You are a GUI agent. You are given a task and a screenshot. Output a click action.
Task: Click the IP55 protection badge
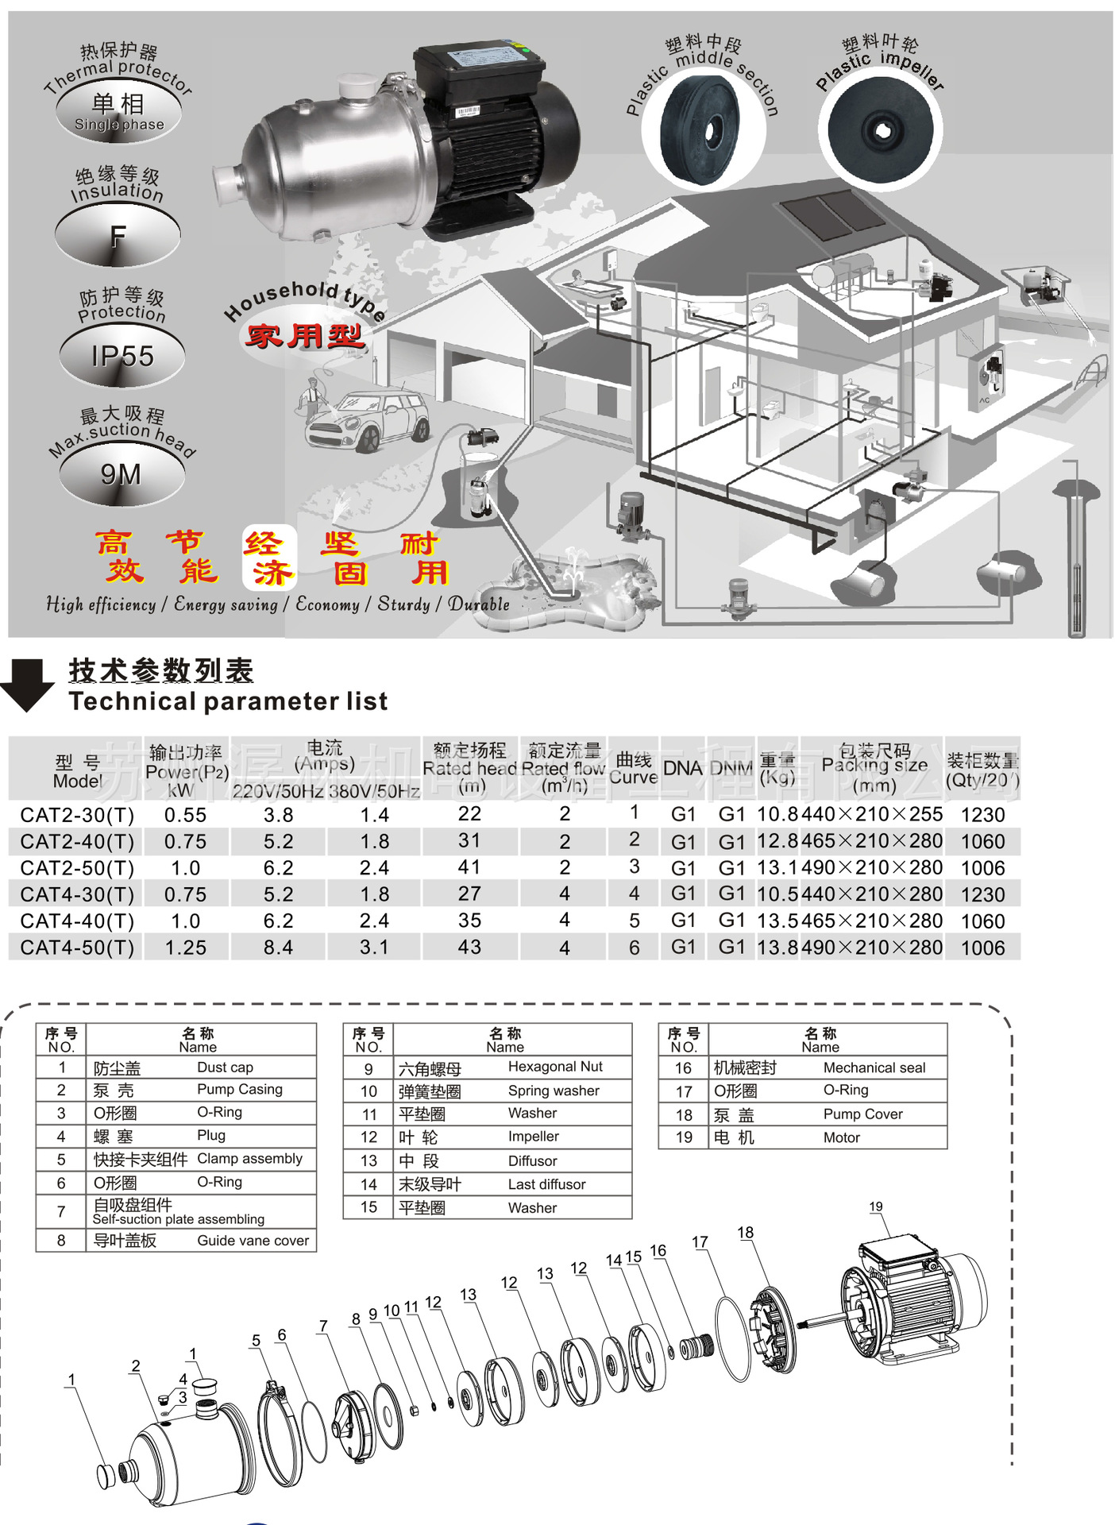(122, 356)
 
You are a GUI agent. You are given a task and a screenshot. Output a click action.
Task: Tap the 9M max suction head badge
(121, 474)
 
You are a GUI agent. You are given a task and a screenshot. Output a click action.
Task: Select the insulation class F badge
(118, 236)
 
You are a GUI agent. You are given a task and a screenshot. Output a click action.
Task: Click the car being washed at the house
(367, 420)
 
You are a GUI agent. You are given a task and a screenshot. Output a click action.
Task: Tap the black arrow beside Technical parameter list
(28, 684)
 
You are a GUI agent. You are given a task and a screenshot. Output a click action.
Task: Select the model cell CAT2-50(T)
(77, 868)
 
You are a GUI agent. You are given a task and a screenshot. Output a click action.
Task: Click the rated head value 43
(469, 948)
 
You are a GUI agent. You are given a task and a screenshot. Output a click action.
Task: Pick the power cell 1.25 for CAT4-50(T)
(185, 948)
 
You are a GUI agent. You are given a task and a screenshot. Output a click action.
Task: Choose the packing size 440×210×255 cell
(872, 815)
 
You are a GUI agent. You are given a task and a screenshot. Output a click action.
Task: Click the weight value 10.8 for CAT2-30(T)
(777, 815)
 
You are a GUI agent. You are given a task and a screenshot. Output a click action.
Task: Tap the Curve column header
(633, 768)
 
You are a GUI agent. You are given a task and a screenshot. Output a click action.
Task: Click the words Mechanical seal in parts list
(874, 1068)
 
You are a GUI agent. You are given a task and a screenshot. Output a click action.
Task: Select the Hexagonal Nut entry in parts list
(555, 1067)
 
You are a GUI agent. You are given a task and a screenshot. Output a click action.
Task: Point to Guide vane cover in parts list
(253, 1241)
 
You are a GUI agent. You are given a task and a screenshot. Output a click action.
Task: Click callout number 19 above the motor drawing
(875, 1206)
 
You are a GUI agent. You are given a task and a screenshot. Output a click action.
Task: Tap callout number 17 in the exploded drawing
(699, 1242)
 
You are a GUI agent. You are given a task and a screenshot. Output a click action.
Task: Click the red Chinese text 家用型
(305, 337)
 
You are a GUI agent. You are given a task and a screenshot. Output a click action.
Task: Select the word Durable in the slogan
(478, 604)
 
